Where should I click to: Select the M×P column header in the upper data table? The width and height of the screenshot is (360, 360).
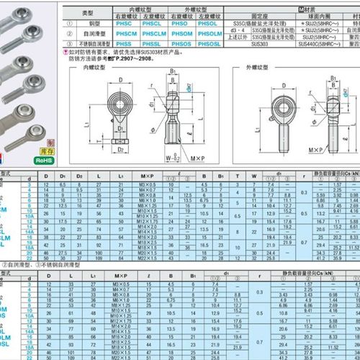[x=148, y=176]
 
